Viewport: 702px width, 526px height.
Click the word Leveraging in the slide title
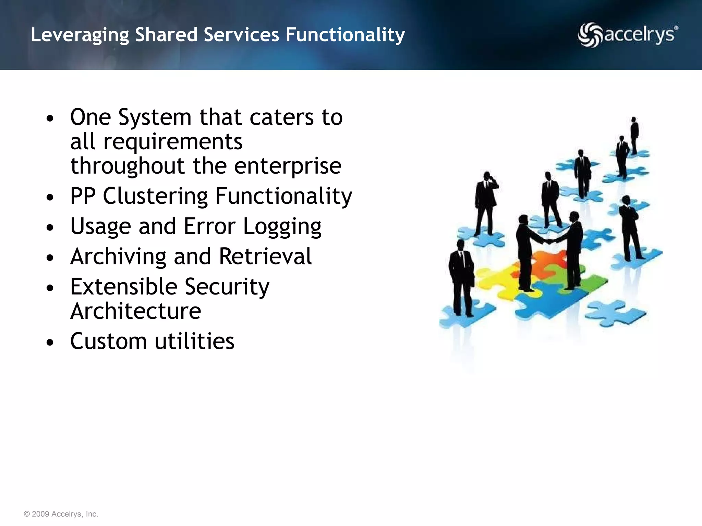pyautogui.click(x=80, y=35)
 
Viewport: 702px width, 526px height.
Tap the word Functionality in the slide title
pyautogui.click(x=345, y=35)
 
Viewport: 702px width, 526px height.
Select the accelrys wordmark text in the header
pyautogui.click(x=640, y=35)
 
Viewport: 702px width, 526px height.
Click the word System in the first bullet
pyautogui.click(x=155, y=118)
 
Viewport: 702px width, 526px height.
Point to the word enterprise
pyautogui.click(x=288, y=166)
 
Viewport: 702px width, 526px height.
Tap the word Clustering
pyautogui.click(x=155, y=196)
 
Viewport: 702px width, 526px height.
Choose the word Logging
pyautogui.click(x=282, y=227)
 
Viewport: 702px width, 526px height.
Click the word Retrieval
pyautogui.click(x=265, y=256)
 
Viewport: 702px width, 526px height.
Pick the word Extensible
pyautogui.click(x=124, y=287)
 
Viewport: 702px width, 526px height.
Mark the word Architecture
pyautogui.click(x=136, y=311)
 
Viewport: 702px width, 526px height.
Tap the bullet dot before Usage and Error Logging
pyautogui.click(x=50, y=228)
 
